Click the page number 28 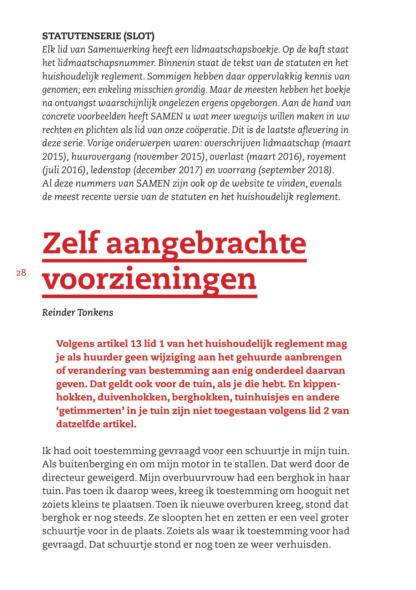click(x=21, y=273)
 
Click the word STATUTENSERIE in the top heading click(x=81, y=36)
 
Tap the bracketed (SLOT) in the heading click(x=139, y=36)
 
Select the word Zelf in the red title click(x=71, y=243)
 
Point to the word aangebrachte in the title click(x=206, y=243)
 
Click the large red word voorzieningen click(x=149, y=279)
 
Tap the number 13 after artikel click(x=136, y=344)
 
